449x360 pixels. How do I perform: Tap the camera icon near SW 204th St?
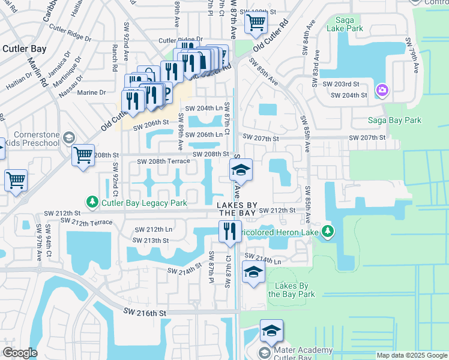click(x=382, y=91)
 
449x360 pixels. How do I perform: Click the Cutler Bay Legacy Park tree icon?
click(x=91, y=200)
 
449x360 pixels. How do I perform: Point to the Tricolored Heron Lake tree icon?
click(x=327, y=231)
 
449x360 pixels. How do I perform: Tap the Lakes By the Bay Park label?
click(x=291, y=290)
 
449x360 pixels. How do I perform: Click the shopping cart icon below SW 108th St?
click(x=256, y=25)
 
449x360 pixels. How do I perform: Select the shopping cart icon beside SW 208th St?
click(x=83, y=155)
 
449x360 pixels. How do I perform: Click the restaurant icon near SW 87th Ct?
click(x=229, y=231)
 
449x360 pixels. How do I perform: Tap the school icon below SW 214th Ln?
click(x=253, y=272)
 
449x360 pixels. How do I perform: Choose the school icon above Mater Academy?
click(x=271, y=331)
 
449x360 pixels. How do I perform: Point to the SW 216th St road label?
click(x=144, y=313)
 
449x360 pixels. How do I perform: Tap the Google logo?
click(x=20, y=353)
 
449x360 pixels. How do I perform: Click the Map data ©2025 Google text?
click(x=411, y=355)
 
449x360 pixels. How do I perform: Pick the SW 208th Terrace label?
click(x=163, y=161)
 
